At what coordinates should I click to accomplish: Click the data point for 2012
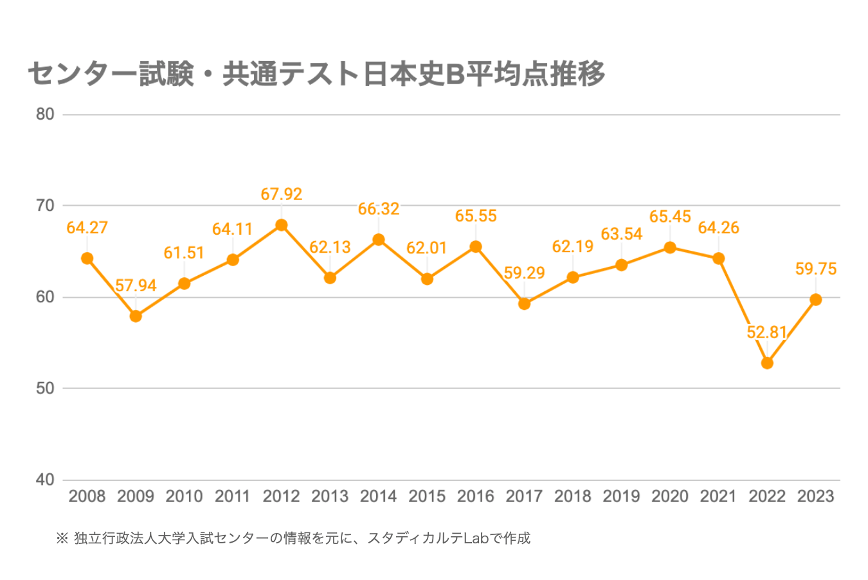point(282,225)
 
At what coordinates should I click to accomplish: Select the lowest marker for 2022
point(767,363)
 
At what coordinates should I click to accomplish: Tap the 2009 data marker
point(136,316)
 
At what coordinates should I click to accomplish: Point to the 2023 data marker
point(816,300)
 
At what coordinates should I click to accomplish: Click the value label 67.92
point(282,194)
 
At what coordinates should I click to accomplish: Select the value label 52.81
point(767,332)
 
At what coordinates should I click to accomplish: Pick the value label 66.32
point(379,209)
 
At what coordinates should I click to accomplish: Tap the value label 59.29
point(524,273)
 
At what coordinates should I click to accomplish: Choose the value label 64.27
point(87,228)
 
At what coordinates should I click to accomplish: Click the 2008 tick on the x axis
point(87,496)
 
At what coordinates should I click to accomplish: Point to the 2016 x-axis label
point(476,496)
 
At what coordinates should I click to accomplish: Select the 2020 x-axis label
point(670,496)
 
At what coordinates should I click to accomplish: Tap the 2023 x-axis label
point(816,496)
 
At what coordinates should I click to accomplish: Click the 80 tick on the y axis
point(45,114)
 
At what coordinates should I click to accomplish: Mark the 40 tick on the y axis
point(45,480)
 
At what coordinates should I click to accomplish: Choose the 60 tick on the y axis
point(45,297)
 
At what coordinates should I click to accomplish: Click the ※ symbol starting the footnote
point(62,538)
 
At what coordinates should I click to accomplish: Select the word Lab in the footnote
point(477,538)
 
